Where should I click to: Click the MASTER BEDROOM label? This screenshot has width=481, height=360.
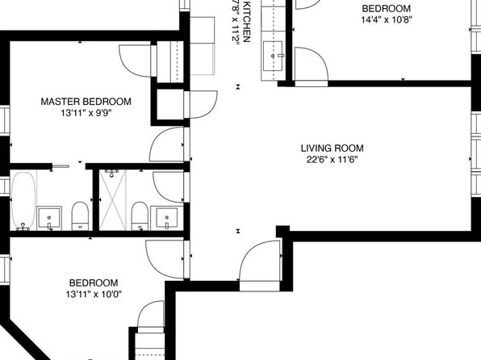[86, 102]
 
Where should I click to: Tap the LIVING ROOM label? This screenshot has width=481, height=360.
[333, 149]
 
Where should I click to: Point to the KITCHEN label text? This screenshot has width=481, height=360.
[246, 21]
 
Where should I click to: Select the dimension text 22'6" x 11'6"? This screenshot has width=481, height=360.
[333, 160]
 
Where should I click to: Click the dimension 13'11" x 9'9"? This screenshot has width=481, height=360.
[86, 113]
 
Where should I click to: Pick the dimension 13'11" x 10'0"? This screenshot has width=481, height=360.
[94, 295]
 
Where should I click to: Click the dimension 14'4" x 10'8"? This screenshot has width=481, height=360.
[387, 19]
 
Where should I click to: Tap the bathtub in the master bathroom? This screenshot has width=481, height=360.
[23, 201]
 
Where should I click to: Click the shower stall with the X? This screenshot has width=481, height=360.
[112, 199]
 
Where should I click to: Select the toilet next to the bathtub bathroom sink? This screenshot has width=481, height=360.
[80, 216]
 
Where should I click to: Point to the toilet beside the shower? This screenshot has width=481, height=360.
[140, 216]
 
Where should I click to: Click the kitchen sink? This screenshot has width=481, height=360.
[273, 57]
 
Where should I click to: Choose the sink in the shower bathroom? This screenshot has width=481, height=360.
[166, 218]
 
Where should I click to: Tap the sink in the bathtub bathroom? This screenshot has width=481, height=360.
[49, 218]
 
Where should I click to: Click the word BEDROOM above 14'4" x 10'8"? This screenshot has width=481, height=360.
[387, 8]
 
